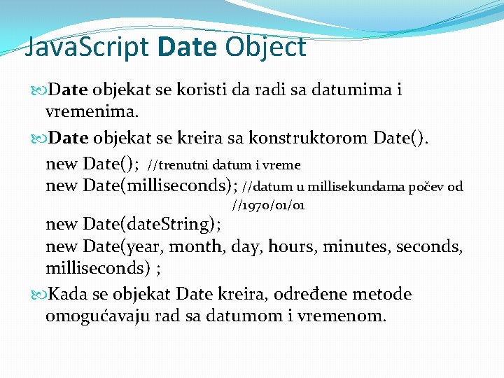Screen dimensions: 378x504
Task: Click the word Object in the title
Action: coord(266,48)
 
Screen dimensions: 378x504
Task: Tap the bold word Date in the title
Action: coord(188,48)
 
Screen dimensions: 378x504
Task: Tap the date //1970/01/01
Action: coord(267,206)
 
